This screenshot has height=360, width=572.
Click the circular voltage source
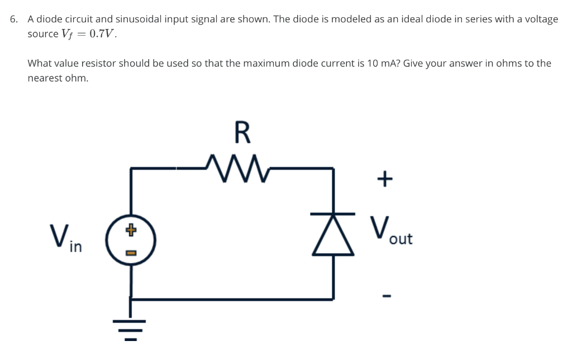coord(131,241)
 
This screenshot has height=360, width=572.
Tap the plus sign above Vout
coord(384,179)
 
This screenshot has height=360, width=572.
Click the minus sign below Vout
coord(384,294)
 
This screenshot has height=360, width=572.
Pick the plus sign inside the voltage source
coord(131,229)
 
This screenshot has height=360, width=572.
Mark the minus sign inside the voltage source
coord(131,253)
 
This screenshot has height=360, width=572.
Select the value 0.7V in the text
coord(102,34)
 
